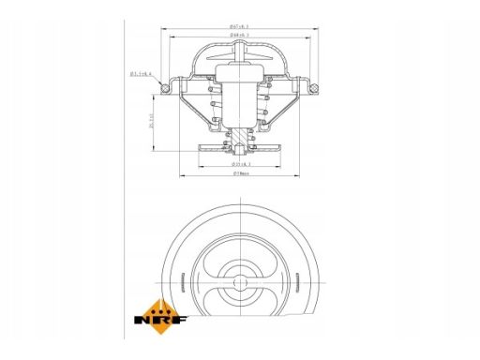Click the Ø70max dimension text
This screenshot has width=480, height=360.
[x=241, y=173]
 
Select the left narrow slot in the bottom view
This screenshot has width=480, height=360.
[x=177, y=281]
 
